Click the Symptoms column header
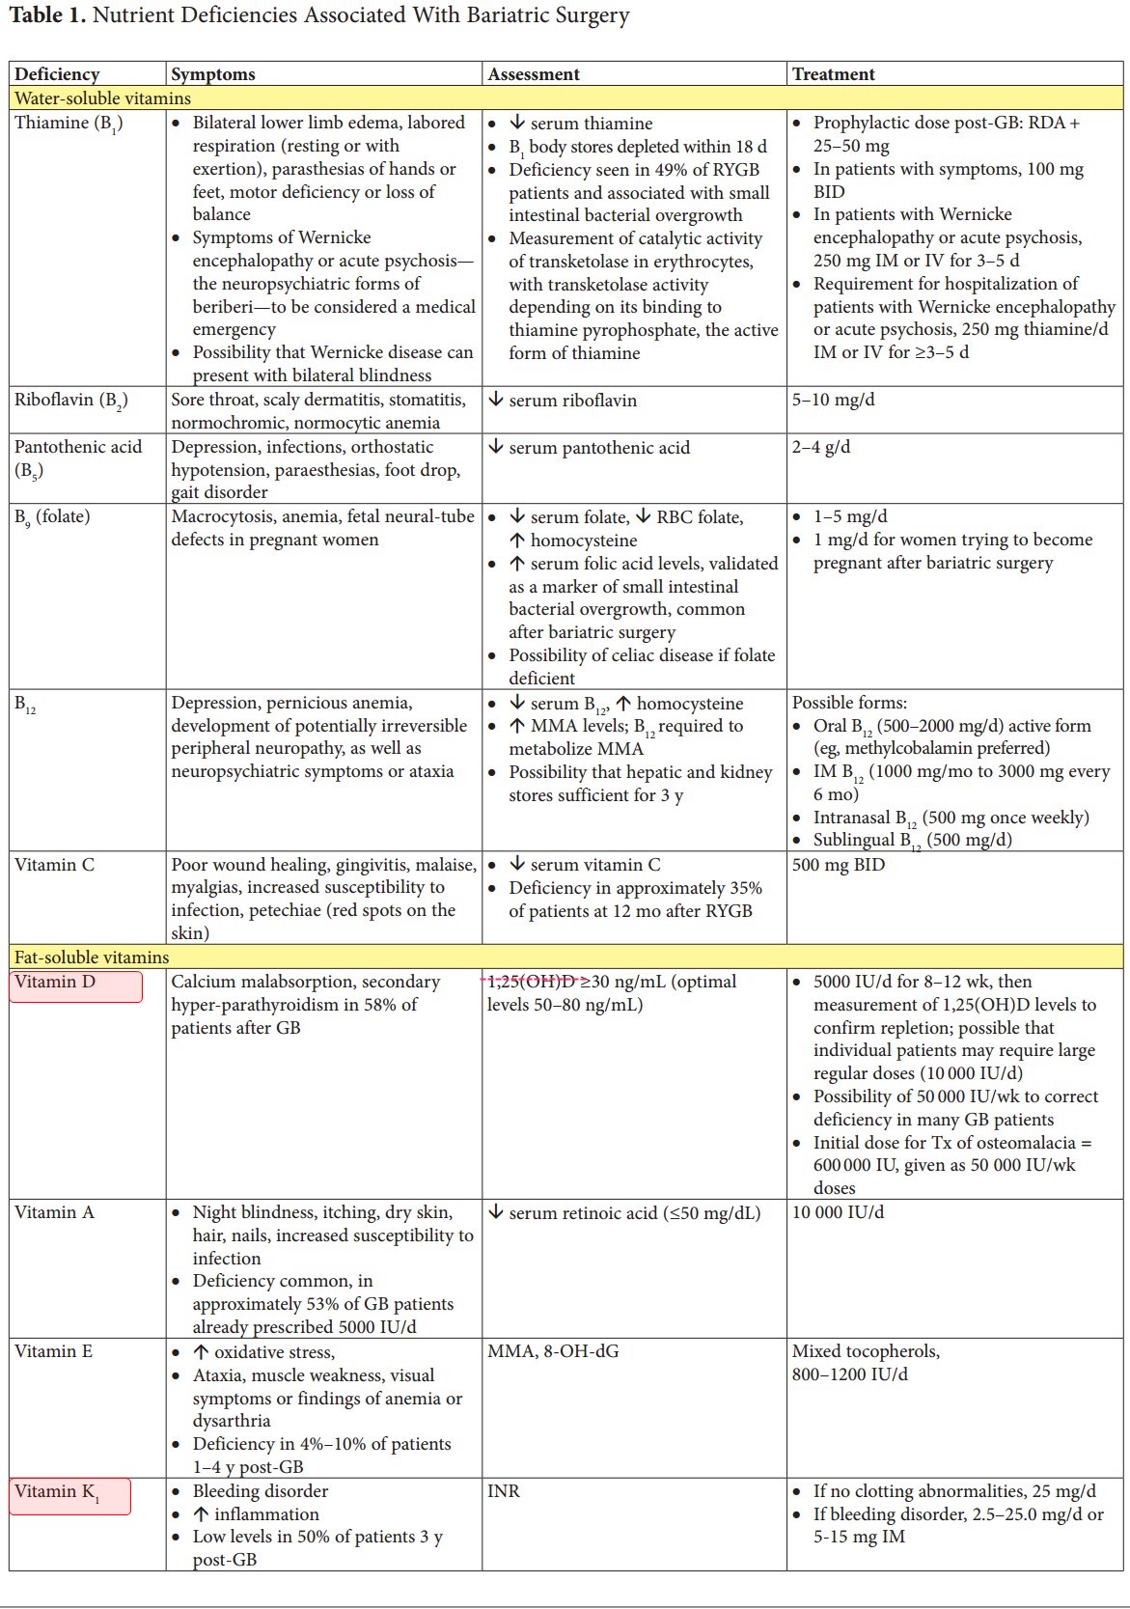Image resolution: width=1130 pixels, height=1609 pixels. (x=213, y=74)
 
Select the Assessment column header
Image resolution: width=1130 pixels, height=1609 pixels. (x=534, y=74)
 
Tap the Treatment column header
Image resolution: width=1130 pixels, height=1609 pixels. (x=833, y=74)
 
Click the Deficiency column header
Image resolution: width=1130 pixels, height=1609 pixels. (x=57, y=74)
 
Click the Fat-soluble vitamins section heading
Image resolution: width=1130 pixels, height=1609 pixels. (x=92, y=957)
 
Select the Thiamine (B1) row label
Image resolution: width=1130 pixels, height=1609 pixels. (x=69, y=123)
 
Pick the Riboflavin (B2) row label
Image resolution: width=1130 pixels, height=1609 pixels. (x=70, y=400)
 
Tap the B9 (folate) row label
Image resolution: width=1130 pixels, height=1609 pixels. (x=52, y=517)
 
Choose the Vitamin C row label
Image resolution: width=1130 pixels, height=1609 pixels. (x=54, y=865)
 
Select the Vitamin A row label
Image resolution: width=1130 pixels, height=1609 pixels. (x=54, y=1212)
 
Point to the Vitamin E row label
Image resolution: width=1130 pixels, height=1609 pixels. (x=53, y=1351)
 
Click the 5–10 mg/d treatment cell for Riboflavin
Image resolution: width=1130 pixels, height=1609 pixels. (x=833, y=400)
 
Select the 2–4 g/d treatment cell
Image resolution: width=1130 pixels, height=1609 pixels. (x=821, y=447)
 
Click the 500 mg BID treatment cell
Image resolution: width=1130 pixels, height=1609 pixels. (x=838, y=865)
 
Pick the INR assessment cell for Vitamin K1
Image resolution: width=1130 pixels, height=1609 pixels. (x=504, y=1491)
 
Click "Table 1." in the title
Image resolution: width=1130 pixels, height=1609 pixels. (x=47, y=16)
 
